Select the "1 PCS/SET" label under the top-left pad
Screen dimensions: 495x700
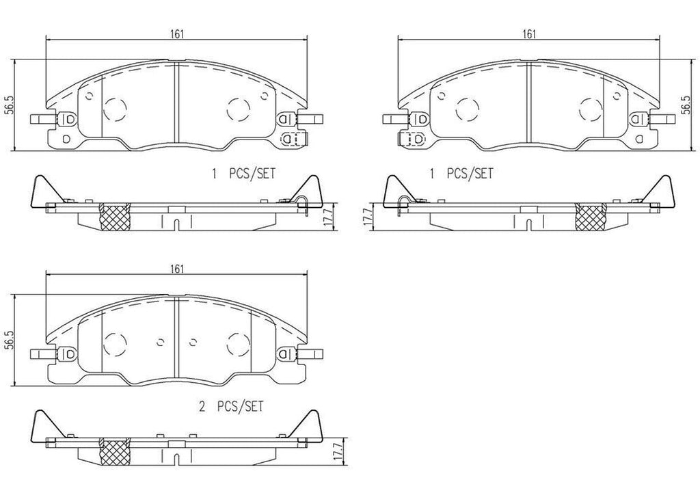[243, 174]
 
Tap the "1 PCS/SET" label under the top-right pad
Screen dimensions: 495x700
[460, 174]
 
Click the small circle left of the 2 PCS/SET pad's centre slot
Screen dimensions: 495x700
[160, 340]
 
